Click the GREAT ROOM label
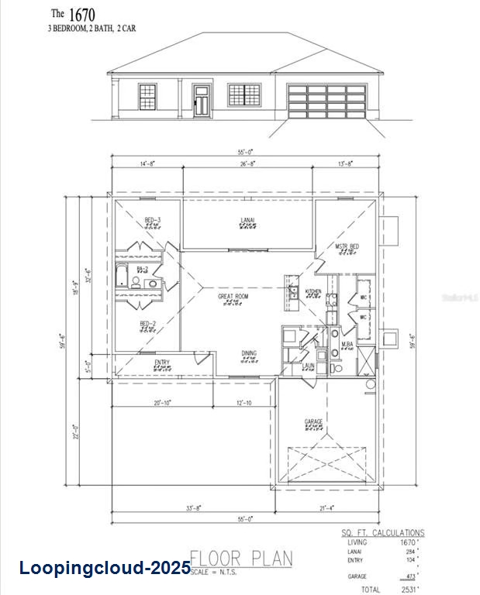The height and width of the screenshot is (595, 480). coord(233,296)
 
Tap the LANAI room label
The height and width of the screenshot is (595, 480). coord(247,220)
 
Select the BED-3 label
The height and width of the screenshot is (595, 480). coord(152,220)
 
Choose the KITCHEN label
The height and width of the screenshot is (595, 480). coord(313,292)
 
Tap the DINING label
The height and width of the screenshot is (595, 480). coord(248,353)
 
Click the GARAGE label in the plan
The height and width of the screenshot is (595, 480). coord(314,421)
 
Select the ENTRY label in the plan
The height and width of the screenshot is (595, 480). coord(162,363)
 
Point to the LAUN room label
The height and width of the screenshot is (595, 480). coord(308,365)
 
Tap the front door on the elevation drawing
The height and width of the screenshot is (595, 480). coord(202,101)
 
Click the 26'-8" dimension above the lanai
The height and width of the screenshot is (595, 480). coord(248,164)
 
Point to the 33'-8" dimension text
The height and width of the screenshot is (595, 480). coord(194,508)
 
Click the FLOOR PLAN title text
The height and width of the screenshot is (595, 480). coord(241,558)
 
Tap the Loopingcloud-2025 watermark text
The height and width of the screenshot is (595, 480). coord(105,568)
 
